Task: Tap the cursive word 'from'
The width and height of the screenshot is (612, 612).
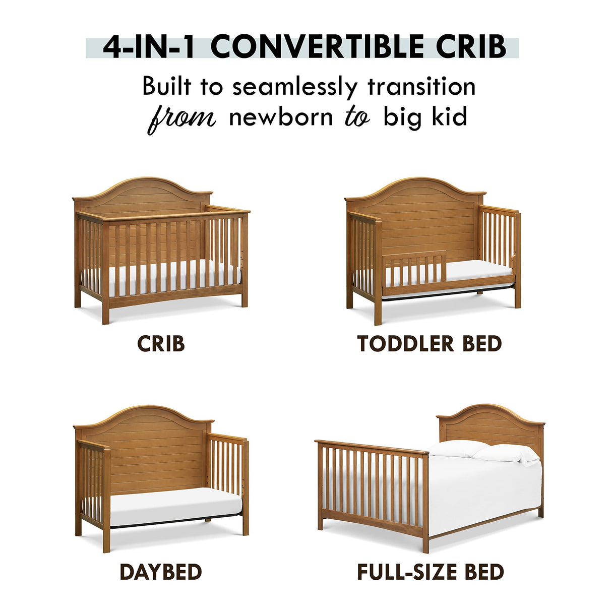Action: point(181,118)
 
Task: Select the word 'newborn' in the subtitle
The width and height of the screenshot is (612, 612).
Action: point(281,117)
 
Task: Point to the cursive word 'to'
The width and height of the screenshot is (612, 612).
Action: point(357,117)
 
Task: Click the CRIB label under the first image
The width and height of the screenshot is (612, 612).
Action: point(161,344)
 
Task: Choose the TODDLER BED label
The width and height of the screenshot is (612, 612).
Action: point(430,344)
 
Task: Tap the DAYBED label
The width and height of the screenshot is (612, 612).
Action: point(161,572)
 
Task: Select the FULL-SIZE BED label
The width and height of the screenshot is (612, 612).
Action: point(431,572)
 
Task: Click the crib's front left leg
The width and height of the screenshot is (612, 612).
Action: point(105,308)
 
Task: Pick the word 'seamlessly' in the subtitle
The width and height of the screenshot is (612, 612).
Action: point(294,87)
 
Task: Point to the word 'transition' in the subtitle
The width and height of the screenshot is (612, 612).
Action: point(421,87)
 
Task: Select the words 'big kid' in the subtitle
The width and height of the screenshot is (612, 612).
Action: point(425,117)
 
